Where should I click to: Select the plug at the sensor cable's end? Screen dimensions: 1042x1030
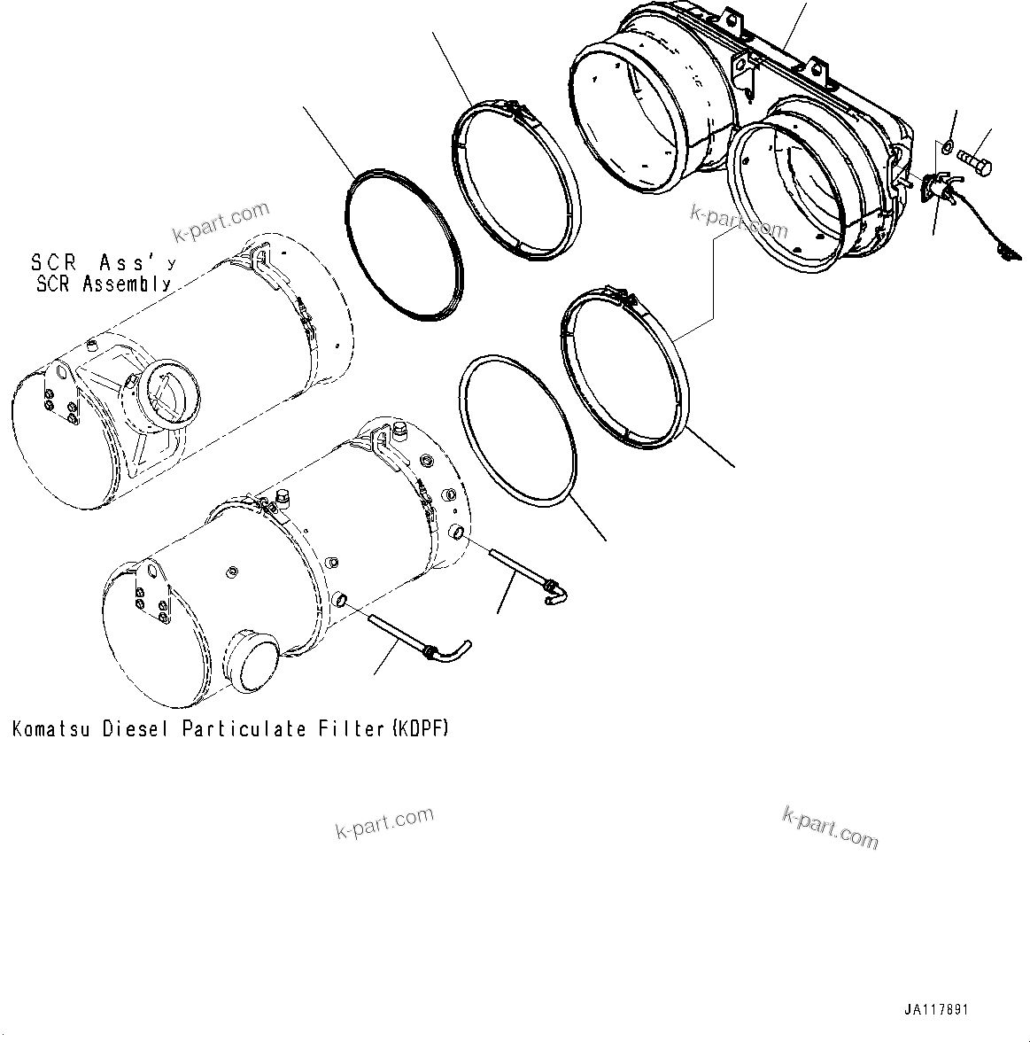(1004, 253)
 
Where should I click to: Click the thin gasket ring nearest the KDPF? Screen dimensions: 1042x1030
(518, 432)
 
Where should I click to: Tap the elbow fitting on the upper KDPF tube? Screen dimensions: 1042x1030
(554, 590)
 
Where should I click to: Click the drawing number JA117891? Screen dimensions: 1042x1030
(936, 1009)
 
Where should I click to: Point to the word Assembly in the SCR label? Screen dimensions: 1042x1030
(128, 284)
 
